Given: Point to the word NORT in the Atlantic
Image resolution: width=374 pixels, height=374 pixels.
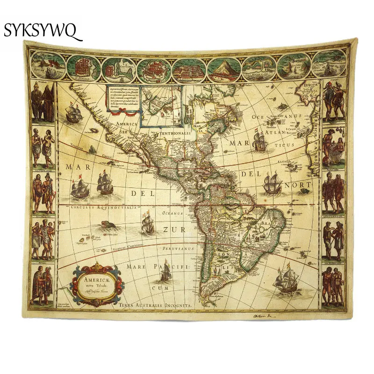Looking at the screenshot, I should [299, 185].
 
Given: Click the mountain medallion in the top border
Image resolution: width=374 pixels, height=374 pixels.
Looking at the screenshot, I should [225, 66].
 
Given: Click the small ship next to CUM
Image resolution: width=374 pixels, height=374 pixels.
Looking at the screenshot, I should [165, 276].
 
